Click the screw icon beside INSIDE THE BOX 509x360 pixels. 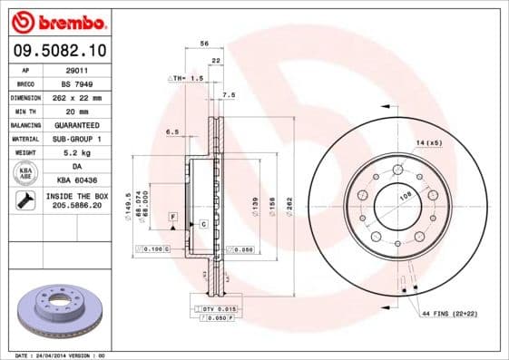[26, 200]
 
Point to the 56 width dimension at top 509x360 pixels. [204, 44]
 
